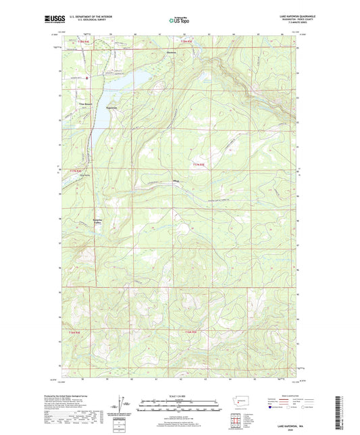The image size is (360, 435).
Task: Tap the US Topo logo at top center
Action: coord(179,20)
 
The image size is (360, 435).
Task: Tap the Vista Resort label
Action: coord(86,103)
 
